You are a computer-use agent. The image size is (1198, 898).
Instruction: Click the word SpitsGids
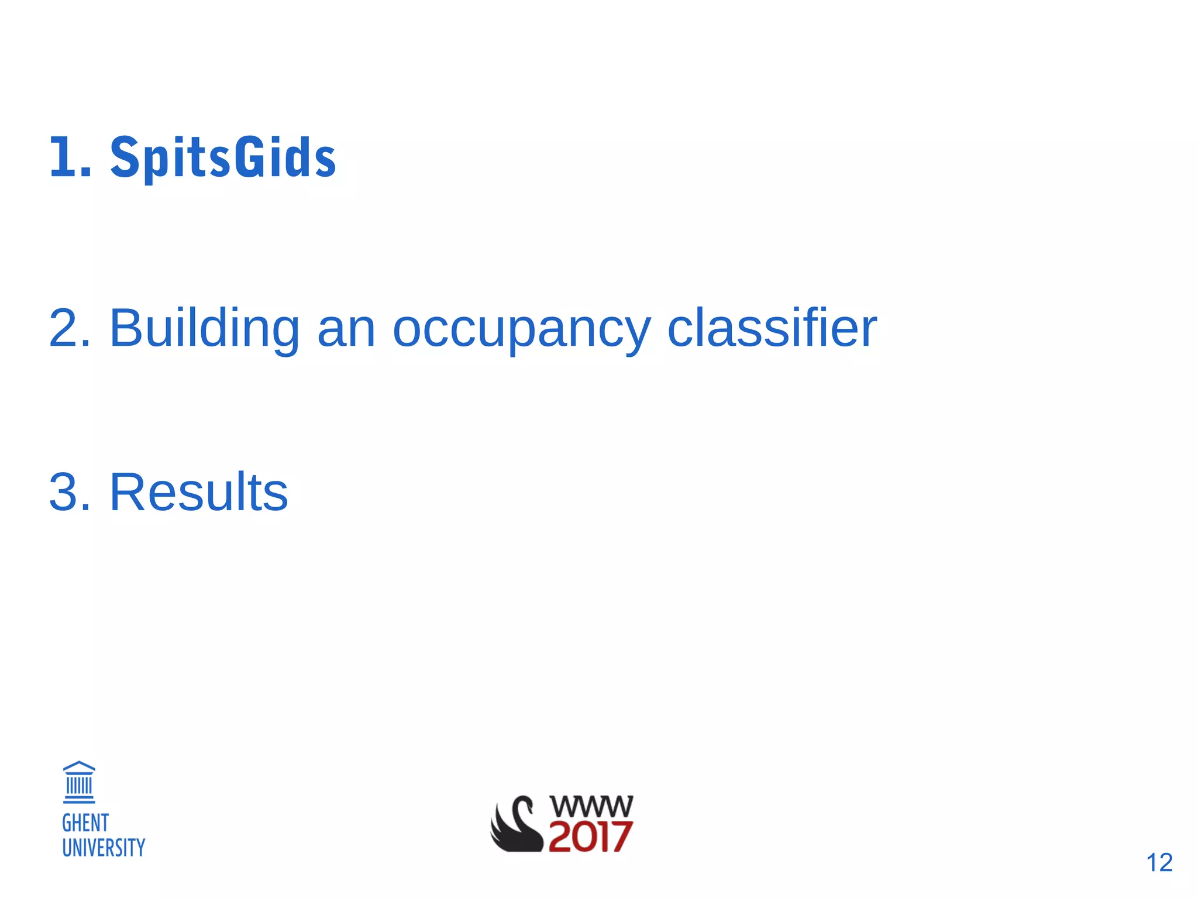[x=223, y=157]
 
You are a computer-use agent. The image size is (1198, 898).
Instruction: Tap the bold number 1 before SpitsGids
[x=63, y=157]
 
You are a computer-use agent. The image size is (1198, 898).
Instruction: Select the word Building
[x=204, y=328]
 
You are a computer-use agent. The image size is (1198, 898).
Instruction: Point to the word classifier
[x=772, y=328]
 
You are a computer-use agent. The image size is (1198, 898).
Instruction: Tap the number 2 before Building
[x=64, y=328]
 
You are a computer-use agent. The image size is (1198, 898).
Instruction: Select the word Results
[x=198, y=492]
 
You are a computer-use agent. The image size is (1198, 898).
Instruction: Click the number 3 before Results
[x=64, y=492]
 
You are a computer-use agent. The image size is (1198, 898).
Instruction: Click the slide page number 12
[x=1159, y=862]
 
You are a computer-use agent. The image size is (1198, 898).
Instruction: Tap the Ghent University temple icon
[x=79, y=782]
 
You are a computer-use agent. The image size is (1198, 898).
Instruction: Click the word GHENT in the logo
[x=85, y=823]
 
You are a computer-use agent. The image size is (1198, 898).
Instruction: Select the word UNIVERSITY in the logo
[x=104, y=848]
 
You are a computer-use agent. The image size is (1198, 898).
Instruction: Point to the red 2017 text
[x=590, y=837]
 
